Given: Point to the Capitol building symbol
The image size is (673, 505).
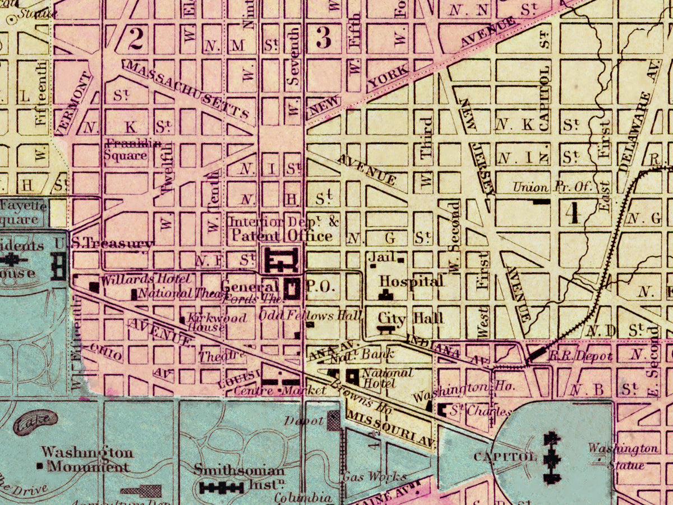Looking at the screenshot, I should click(x=552, y=457).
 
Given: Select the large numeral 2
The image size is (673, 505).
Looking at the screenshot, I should click(x=136, y=38).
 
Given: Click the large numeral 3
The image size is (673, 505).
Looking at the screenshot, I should click(x=324, y=38).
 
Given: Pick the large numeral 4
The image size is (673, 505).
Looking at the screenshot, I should click(x=571, y=213).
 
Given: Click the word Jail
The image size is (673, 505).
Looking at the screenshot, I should click(x=380, y=257).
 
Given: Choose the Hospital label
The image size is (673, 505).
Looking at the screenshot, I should click(x=411, y=281).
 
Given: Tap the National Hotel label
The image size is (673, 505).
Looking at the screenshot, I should click(x=386, y=378).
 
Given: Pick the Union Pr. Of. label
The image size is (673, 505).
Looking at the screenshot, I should click(x=552, y=187).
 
